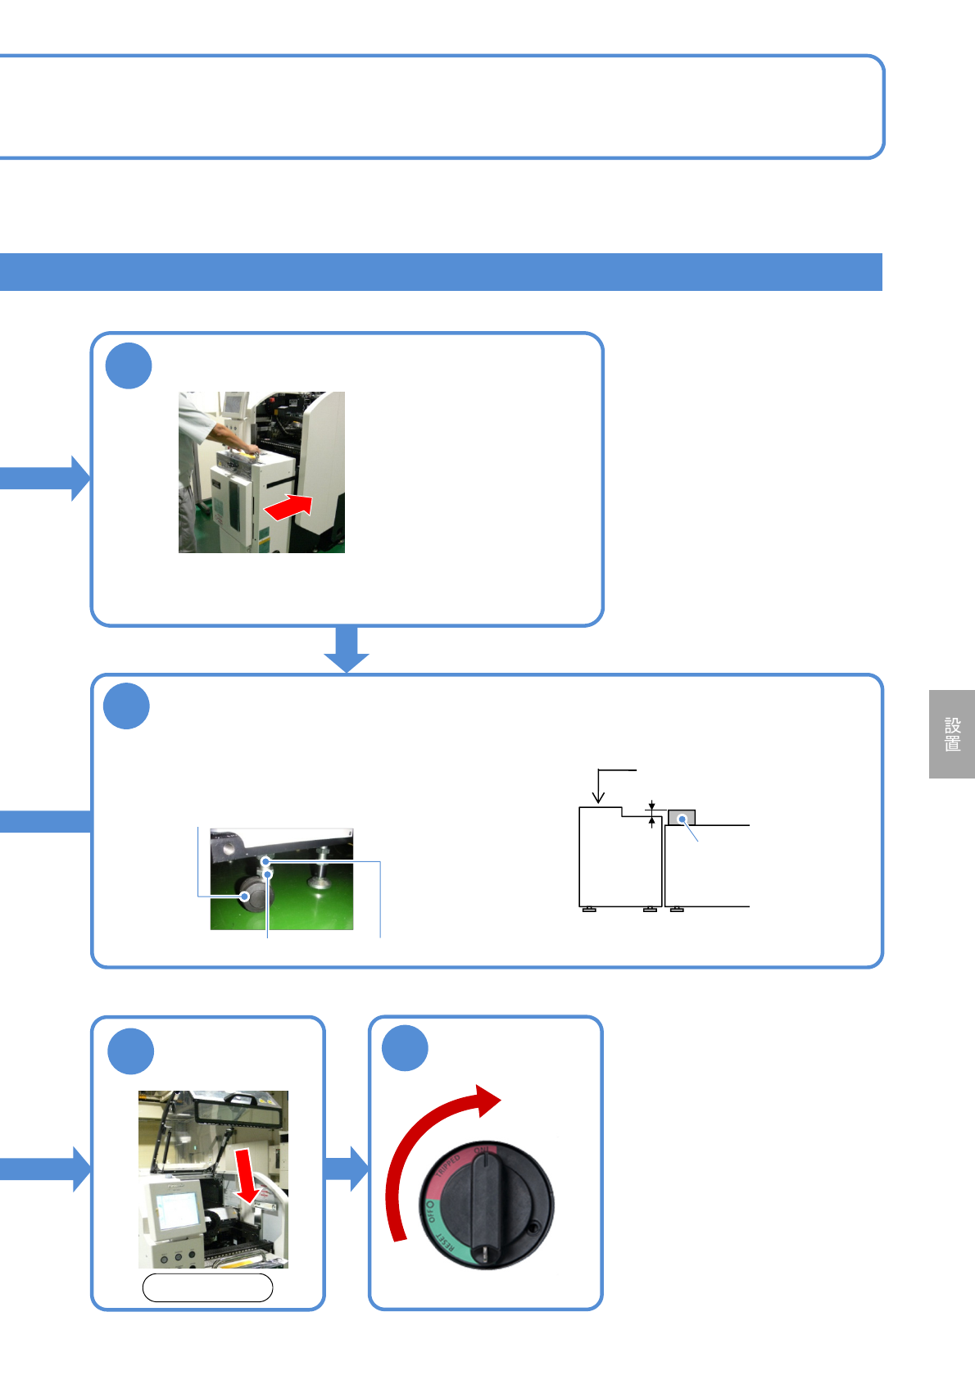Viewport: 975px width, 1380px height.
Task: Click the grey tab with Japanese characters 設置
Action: (x=951, y=733)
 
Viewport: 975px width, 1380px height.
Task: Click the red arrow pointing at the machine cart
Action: (x=288, y=506)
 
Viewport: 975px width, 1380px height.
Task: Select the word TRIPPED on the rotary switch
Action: (x=449, y=1167)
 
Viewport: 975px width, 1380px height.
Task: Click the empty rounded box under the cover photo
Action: (x=207, y=1287)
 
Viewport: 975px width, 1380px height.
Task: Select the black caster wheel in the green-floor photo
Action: (x=255, y=895)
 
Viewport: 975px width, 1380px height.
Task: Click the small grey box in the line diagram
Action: (x=682, y=817)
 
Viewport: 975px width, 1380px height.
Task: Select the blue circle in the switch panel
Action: (x=405, y=1047)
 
